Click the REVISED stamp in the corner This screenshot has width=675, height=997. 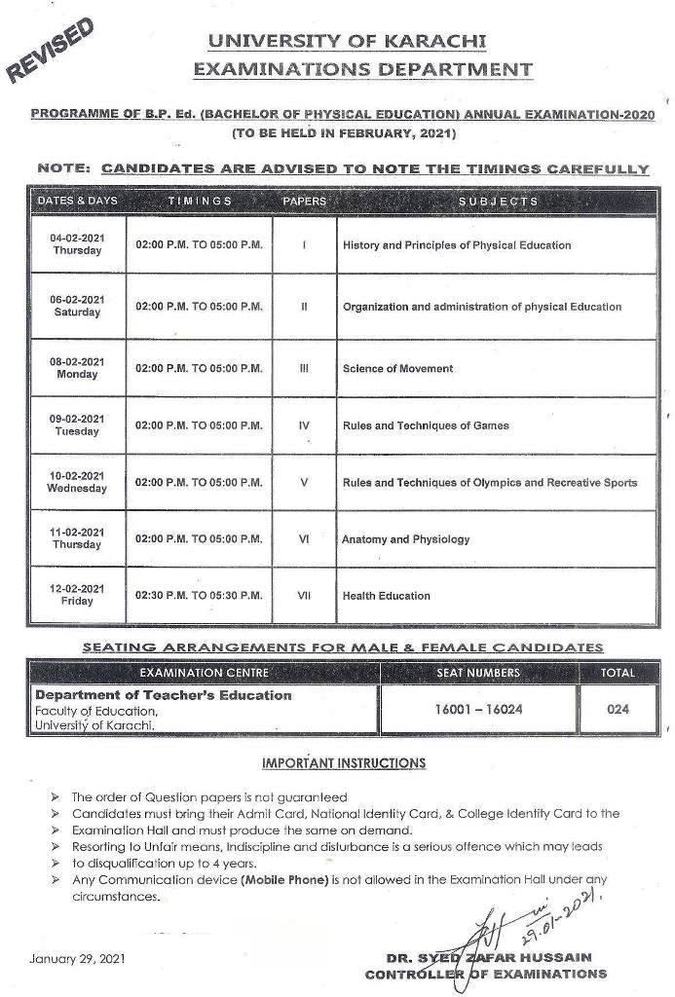pos(52,51)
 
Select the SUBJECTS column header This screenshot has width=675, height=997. pos(498,201)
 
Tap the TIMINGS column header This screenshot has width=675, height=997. pos(200,201)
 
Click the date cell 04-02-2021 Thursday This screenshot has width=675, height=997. pos(77,244)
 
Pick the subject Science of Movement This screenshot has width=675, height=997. pos(397,369)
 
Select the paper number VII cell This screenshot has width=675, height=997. pos(304,595)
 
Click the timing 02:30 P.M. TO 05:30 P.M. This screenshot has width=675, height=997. pos(200,595)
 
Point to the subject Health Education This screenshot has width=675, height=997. pos(386,595)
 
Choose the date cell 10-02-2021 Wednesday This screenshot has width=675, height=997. pos(78,482)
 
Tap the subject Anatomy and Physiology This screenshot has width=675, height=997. pos(405,538)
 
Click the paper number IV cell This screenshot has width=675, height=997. pos(304,425)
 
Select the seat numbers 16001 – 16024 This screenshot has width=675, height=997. pos(478,709)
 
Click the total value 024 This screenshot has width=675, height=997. pos(618,709)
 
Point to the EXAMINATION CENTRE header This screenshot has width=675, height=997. pos(204,673)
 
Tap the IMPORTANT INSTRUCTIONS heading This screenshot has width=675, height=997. pos(343,762)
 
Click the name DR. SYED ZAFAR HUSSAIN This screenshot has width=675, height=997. pos(501,958)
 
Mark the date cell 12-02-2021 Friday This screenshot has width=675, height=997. pos(77,595)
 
